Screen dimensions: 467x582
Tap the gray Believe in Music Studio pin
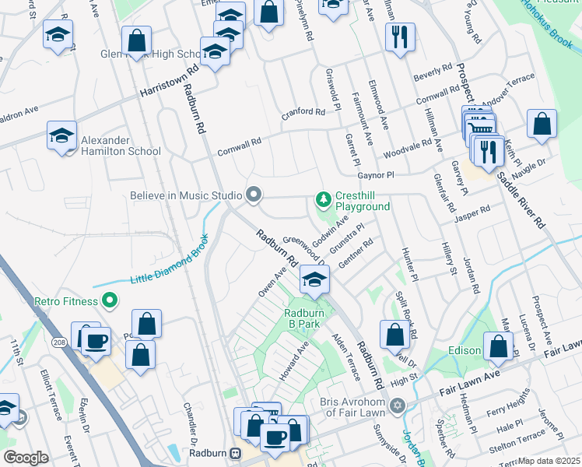pyautogui.click(x=253, y=195)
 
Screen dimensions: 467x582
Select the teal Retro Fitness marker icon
pyautogui.click(x=110, y=300)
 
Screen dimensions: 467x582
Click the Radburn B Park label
pyautogui.click(x=303, y=318)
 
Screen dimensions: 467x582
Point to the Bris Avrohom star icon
pyautogui.click(x=398, y=406)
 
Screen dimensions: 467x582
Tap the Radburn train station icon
pyautogui.click(x=235, y=452)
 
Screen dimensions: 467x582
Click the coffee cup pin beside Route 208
pyautogui.click(x=96, y=341)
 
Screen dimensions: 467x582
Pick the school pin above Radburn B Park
pyautogui.click(x=314, y=279)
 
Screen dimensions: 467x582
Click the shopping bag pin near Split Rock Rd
pyautogui.click(x=395, y=334)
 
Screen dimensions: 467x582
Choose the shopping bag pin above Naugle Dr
pyautogui.click(x=542, y=124)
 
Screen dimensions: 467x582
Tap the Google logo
pyautogui.click(x=26, y=457)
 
